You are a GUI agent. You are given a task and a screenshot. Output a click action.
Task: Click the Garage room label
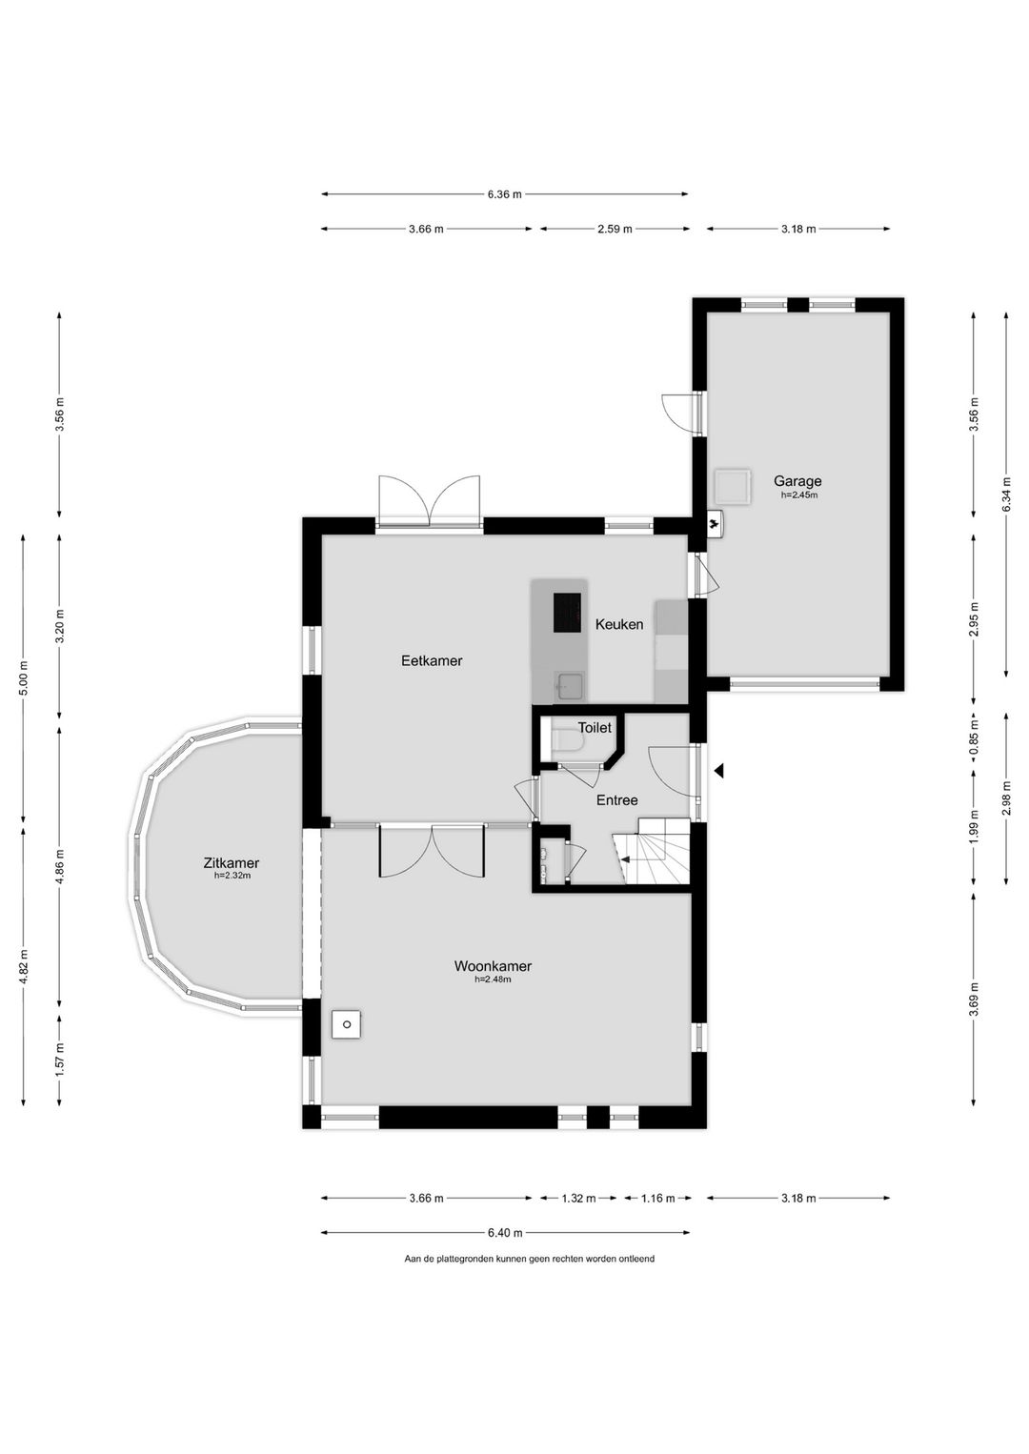click(797, 481)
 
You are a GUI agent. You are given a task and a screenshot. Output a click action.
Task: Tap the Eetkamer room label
click(432, 661)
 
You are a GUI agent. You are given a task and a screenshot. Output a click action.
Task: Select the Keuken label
click(619, 624)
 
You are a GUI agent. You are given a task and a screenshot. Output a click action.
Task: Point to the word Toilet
click(595, 728)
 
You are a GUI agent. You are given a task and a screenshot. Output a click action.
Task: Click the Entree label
click(616, 800)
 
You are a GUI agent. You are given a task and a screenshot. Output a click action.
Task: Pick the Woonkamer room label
click(493, 966)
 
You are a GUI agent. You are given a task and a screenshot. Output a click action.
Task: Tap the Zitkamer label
click(232, 863)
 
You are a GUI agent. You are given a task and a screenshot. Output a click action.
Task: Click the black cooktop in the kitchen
click(567, 613)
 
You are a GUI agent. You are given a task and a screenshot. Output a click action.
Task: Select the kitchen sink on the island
click(570, 686)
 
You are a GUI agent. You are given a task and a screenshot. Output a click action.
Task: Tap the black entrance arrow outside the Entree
click(718, 771)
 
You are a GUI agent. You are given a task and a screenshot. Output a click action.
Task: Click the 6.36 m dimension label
click(504, 194)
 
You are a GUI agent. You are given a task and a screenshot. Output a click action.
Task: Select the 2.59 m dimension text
click(615, 229)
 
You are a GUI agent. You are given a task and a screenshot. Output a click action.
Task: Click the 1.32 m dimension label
click(578, 1199)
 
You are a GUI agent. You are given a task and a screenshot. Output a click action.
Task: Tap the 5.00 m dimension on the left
click(24, 678)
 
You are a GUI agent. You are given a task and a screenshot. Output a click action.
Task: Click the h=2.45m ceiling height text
click(798, 495)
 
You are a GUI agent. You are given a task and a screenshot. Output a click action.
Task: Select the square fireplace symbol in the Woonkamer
click(347, 1024)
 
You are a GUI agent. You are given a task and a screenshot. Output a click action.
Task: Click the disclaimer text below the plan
click(529, 1259)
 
